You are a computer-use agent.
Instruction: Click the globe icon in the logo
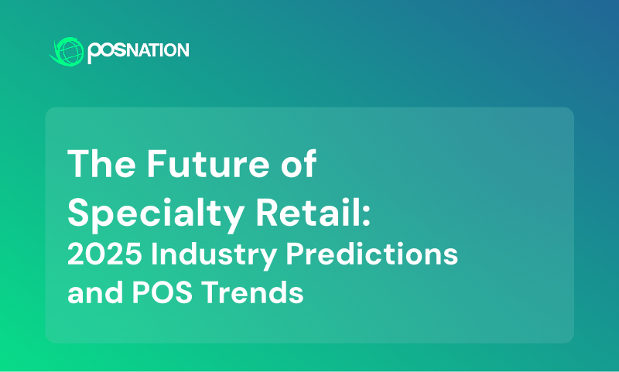click(x=67, y=51)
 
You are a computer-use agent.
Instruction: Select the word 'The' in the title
click(x=101, y=164)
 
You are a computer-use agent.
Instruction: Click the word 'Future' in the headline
click(x=208, y=164)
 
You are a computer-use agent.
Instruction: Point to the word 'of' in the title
click(x=299, y=163)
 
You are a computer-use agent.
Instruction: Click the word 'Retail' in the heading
click(x=309, y=212)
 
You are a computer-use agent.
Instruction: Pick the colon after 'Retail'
click(x=366, y=217)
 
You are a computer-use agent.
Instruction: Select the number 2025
click(x=104, y=254)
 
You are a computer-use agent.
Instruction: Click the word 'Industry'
click(x=214, y=255)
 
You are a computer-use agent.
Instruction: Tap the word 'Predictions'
click(x=372, y=254)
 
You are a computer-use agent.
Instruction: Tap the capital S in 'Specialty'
click(x=78, y=212)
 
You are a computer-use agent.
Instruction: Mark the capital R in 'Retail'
click(x=267, y=212)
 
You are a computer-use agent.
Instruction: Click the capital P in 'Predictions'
click(x=295, y=254)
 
